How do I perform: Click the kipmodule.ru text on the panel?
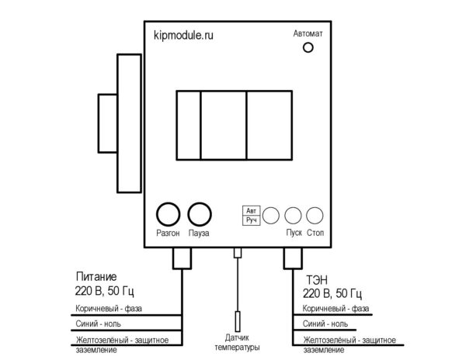tap(183, 36)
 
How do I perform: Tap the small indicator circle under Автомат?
tap(308, 47)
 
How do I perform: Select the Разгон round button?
tap(168, 214)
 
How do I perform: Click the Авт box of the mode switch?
tap(251, 211)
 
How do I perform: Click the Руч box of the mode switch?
tap(251, 220)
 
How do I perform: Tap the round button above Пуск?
tap(293, 216)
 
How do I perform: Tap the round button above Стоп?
tap(315, 216)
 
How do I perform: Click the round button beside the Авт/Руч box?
tap(271, 216)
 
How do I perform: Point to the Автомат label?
tap(308, 33)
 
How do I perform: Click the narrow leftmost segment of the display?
tap(189, 125)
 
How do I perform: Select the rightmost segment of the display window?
tap(270, 125)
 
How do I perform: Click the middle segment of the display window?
tap(224, 125)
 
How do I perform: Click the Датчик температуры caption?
tap(237, 342)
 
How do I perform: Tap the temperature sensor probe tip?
tap(238, 321)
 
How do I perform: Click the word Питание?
tap(96, 277)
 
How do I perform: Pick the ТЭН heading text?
tap(317, 280)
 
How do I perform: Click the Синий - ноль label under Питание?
tap(98, 324)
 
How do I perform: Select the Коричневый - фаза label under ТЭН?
tap(336, 309)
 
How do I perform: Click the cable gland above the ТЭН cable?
tap(293, 258)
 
